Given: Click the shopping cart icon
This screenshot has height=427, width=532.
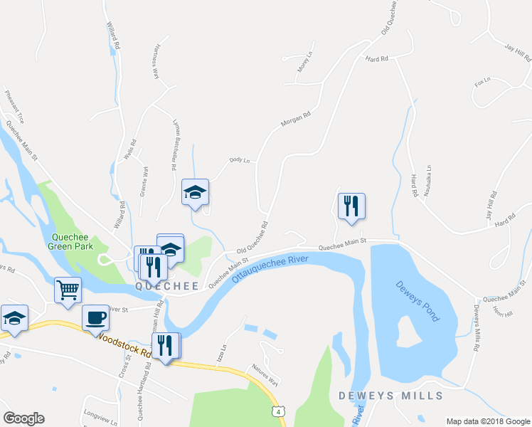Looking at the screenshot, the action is coord(68,290).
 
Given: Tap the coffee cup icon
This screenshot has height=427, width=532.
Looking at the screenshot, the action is coord(95,318).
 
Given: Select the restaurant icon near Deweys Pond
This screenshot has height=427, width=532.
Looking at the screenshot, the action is coord(351,206).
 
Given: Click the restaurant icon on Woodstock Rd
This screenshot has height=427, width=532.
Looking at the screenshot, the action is coord(166,346).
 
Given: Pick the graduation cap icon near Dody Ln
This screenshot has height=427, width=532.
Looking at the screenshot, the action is coord(195,192).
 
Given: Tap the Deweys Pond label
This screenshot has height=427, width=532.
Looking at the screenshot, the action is coord(416,299).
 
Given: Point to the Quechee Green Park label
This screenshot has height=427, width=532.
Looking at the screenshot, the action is coord(71,242).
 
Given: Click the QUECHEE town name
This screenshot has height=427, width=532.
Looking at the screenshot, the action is coord(167,286).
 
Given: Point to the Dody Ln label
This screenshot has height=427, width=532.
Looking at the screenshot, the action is coord(240,161).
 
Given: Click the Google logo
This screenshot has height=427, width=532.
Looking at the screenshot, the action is coord(23,418).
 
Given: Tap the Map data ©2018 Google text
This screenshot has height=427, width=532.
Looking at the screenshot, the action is coord(487,421).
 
